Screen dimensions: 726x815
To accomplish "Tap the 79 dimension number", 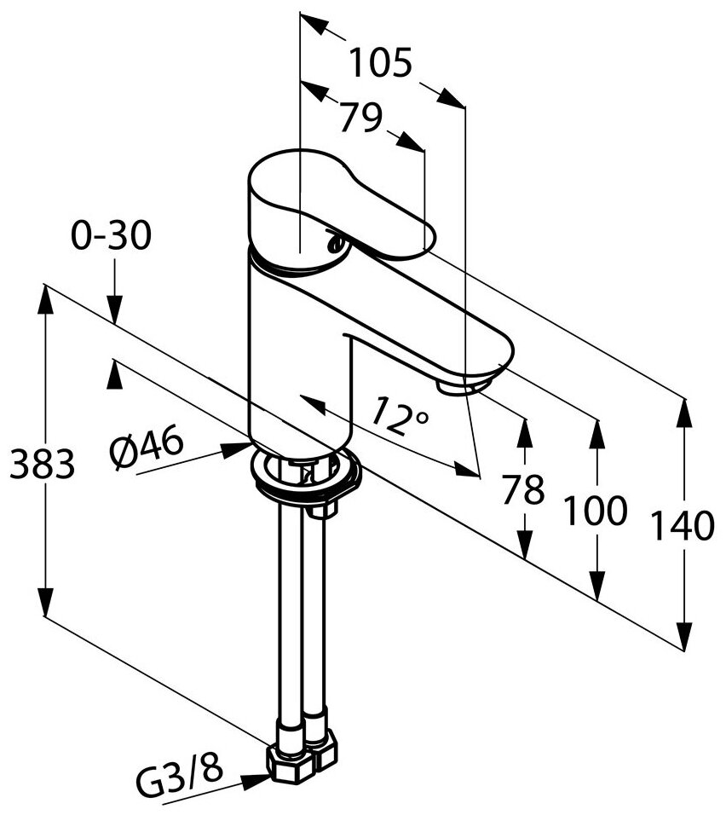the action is pos(360,118).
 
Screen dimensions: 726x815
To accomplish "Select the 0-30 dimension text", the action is pos(111,235).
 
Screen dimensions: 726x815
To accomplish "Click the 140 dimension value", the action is pos(682,527).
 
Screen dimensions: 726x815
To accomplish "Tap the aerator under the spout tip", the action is pos(458,388).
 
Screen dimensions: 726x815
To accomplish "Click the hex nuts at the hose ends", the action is pos(301,751).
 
